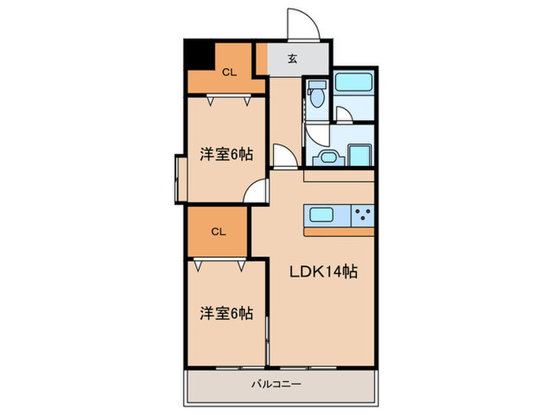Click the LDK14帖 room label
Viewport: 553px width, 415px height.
coord(323,272)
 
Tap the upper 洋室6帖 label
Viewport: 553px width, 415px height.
coord(227,154)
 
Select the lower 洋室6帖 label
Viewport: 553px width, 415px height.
coord(227,313)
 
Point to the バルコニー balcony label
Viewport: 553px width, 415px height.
coord(276,384)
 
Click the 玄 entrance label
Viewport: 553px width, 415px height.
coord(292,58)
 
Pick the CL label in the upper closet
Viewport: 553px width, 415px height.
coord(229,73)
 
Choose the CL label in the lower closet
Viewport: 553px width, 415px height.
coord(218,232)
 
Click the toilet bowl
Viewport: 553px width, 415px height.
coord(317,94)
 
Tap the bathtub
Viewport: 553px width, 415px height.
coord(354,82)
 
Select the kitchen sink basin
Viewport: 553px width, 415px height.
coord(322,215)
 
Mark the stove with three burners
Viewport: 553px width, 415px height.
coord(363,215)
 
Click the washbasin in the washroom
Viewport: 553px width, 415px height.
coord(329,157)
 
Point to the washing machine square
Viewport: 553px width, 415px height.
coord(360,155)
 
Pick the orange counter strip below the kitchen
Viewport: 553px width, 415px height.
coord(339,232)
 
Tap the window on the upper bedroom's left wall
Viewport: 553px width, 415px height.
coord(181,179)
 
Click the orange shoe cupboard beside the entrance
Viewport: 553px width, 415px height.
coord(261,58)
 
